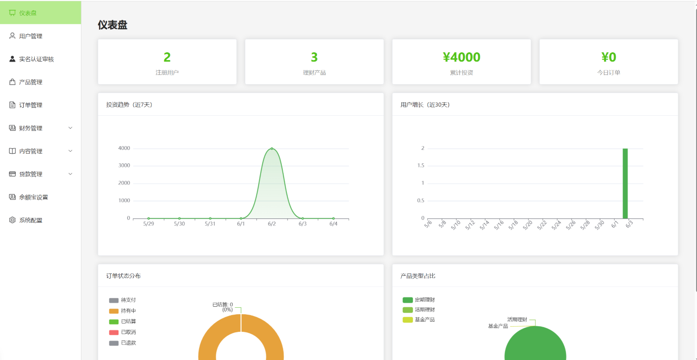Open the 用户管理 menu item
pyautogui.click(x=31, y=36)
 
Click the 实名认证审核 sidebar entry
pyautogui.click(x=37, y=59)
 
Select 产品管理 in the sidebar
pyautogui.click(x=31, y=82)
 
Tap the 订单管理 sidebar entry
pyautogui.click(x=31, y=105)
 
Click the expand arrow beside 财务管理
pyautogui.click(x=70, y=128)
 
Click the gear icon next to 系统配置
pyautogui.click(x=12, y=220)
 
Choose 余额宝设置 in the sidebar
pyautogui.click(x=33, y=197)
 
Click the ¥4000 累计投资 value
pyautogui.click(x=461, y=57)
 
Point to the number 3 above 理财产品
pyautogui.click(x=314, y=57)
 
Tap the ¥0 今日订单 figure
pyautogui.click(x=609, y=57)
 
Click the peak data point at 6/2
pyautogui.click(x=272, y=149)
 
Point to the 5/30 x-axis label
pyautogui.click(x=179, y=223)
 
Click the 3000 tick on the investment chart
pyautogui.click(x=124, y=166)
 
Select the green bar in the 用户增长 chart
pyautogui.click(x=625, y=184)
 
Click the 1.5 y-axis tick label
pyautogui.click(x=421, y=166)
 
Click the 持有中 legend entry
pyautogui.click(x=122, y=311)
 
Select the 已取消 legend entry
pyautogui.click(x=122, y=332)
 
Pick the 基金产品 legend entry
pyautogui.click(x=418, y=320)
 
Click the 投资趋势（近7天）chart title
pyautogui.click(x=129, y=105)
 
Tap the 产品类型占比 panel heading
pyautogui.click(x=417, y=276)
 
